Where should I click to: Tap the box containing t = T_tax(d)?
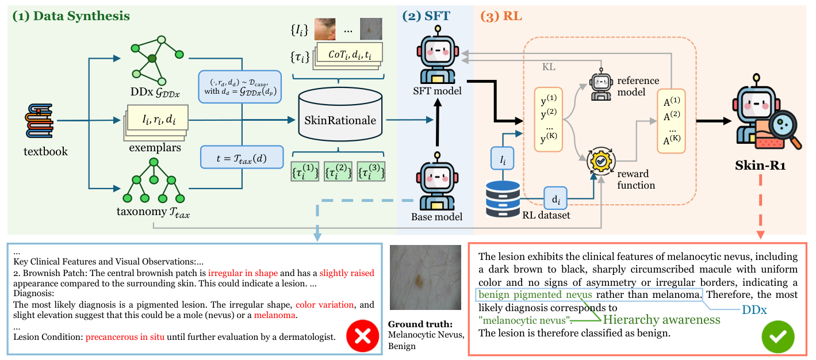coord(242,156)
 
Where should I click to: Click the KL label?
coord(549,67)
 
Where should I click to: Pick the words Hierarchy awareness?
coord(661,319)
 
